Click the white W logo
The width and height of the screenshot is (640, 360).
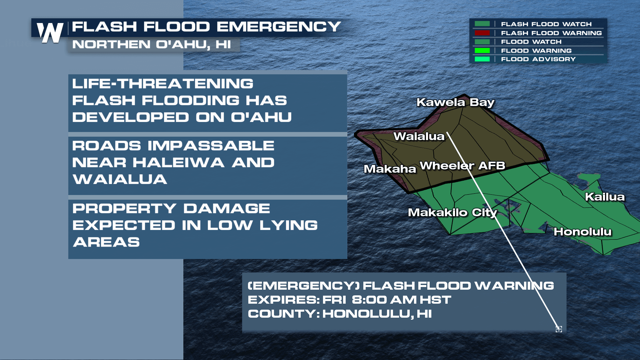coord(50,33)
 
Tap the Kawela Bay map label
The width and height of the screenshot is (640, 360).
coord(455,102)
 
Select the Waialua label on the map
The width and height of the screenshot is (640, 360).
coord(419,136)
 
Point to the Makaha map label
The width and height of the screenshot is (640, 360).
coord(390,169)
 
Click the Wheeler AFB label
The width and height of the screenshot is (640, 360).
coord(462,166)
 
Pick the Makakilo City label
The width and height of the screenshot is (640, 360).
coord(452,212)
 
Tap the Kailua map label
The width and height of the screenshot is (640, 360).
coord(605,197)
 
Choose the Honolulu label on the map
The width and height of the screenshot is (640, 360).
coord(582,232)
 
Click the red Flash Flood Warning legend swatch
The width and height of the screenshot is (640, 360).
coord(482,33)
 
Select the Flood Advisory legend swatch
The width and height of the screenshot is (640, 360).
coord(482,59)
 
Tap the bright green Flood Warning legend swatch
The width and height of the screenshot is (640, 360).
coord(482,51)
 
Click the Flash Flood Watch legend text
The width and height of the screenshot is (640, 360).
coord(546,24)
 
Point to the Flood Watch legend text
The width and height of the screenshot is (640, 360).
coord(531,42)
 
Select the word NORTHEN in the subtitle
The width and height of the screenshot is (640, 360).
coord(111,44)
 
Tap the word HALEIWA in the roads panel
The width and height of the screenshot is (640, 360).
coord(178,163)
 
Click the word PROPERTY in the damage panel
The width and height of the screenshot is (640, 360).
coord(124,209)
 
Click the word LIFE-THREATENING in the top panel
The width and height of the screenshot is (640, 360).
coord(163,84)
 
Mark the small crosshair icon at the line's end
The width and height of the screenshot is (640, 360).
coord(559,329)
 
